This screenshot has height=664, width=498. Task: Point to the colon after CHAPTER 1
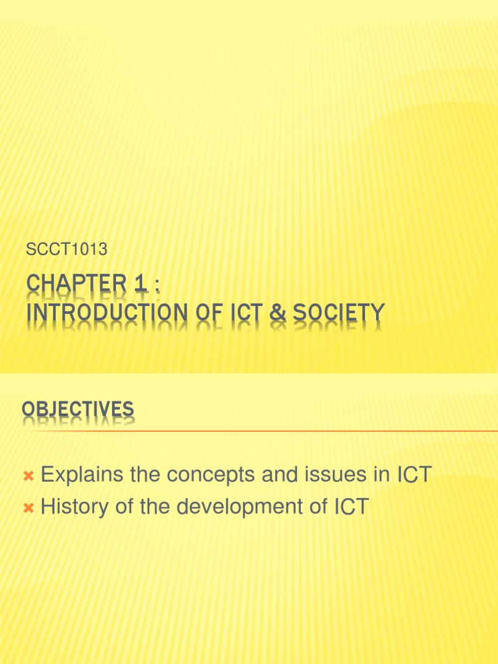pyautogui.click(x=155, y=286)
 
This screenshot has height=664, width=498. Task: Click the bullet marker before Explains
pyautogui.click(x=28, y=477)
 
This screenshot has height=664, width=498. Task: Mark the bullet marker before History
pyautogui.click(x=28, y=509)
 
